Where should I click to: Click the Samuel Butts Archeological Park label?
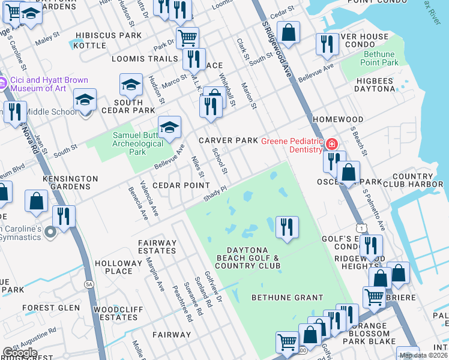click(137, 143)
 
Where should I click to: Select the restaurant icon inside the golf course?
click(287, 227)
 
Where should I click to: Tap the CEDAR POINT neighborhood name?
click(181, 185)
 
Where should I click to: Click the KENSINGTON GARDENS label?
click(70, 182)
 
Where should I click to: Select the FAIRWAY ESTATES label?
click(158, 247)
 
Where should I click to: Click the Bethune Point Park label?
click(381, 58)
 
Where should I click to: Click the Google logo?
click(19, 353)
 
